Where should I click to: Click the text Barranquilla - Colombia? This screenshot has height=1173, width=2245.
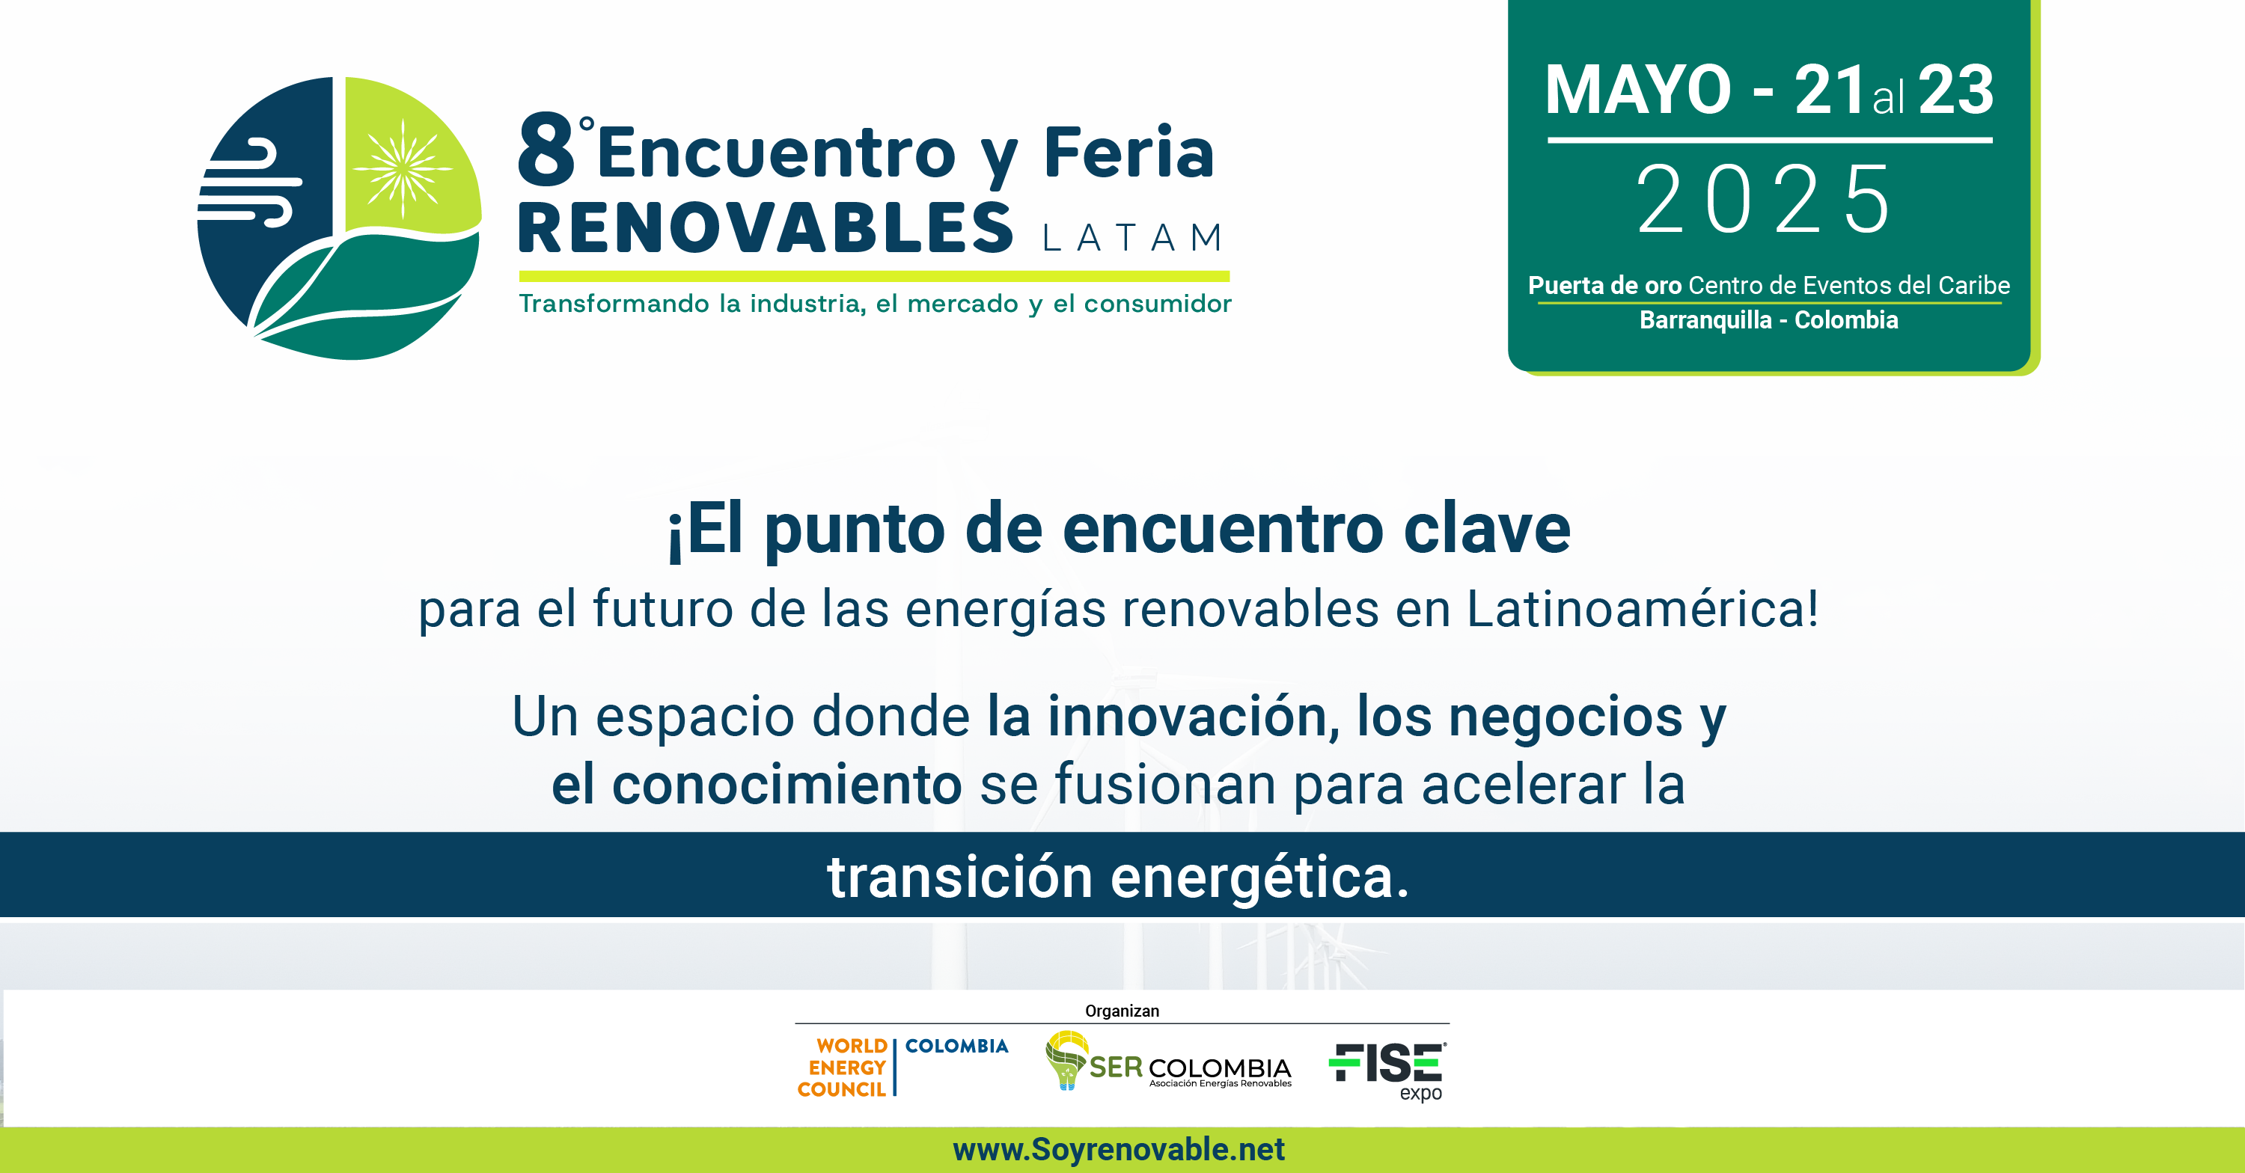[1768, 320]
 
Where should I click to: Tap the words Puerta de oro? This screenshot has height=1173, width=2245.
[1604, 285]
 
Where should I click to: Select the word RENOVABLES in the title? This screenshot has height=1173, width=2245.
[766, 227]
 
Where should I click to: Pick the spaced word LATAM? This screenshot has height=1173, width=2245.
[1133, 237]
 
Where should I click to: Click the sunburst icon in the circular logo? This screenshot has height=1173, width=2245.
[403, 168]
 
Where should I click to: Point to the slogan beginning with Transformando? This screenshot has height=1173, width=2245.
[875, 303]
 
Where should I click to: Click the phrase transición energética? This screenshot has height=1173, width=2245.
[1118, 876]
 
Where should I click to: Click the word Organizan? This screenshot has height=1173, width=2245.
[1122, 1011]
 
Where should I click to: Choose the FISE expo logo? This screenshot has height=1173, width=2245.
[1387, 1071]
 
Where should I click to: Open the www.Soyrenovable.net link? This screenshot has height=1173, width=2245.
[1119, 1150]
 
